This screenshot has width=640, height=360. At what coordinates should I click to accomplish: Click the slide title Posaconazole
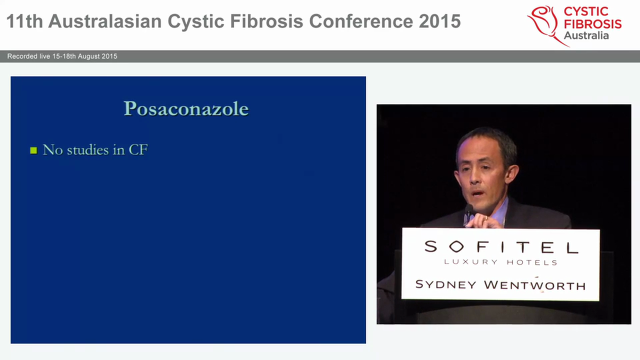pyautogui.click(x=186, y=108)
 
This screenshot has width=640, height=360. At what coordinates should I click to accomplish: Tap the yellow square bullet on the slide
pyautogui.click(x=33, y=150)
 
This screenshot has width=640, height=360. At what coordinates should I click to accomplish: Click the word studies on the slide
pyautogui.click(x=88, y=149)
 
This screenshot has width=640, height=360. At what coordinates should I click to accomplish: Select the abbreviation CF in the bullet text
pyautogui.click(x=138, y=149)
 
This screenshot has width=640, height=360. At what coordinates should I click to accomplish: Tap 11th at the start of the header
pyautogui.click(x=24, y=21)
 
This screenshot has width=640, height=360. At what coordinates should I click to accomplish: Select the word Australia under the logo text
pyautogui.click(x=586, y=35)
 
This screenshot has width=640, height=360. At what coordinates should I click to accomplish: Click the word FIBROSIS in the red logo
pyautogui.click(x=592, y=23)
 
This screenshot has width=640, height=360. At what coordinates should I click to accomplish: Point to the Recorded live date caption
pyautogui.click(x=62, y=56)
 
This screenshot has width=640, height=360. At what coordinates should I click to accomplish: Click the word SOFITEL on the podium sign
pyautogui.click(x=500, y=246)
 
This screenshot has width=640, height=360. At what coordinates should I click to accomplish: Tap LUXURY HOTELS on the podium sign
pyautogui.click(x=500, y=262)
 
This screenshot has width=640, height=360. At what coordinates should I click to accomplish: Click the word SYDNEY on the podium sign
pyautogui.click(x=446, y=284)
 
